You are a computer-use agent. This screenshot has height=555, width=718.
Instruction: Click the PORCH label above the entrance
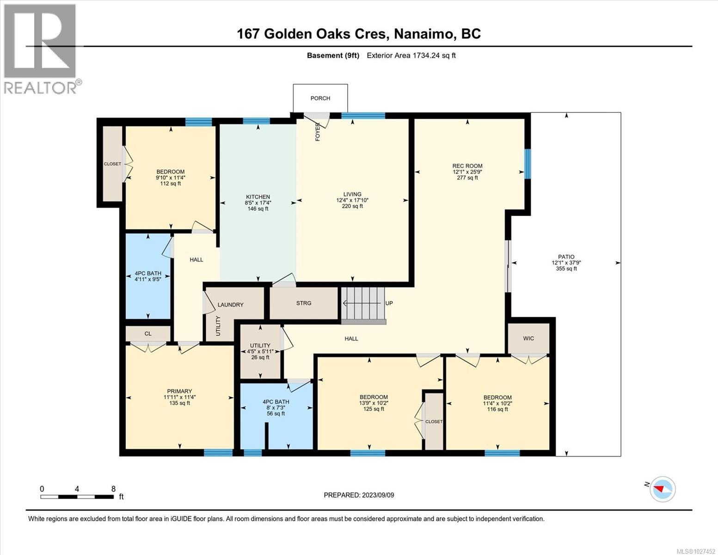tap(320, 98)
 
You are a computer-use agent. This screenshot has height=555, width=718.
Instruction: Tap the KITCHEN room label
tap(258, 197)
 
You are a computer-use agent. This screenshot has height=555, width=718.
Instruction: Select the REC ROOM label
tap(467, 166)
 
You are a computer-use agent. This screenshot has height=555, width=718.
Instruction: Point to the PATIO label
tap(566, 257)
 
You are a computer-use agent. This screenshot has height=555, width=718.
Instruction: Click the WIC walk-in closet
tap(528, 339)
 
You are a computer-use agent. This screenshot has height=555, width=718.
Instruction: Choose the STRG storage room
tap(304, 303)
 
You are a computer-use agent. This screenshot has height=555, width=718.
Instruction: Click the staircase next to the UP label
tap(363, 304)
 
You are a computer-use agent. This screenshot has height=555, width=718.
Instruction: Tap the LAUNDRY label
tap(230, 305)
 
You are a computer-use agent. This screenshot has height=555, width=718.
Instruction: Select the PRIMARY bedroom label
tap(179, 392)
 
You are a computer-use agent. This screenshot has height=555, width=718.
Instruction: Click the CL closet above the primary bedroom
tap(148, 333)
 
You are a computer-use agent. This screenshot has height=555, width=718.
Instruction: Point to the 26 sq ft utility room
tap(260, 351)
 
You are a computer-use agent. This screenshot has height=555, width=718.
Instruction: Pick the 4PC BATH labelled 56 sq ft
tap(276, 407)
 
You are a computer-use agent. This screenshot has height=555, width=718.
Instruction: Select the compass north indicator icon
tap(662, 489)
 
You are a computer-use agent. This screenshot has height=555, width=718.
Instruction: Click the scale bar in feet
tap(77, 497)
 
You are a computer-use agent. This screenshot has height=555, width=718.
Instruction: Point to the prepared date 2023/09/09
tap(359, 495)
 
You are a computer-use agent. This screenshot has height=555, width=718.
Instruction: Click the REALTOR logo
tap(41, 49)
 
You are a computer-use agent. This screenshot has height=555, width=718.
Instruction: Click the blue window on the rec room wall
tap(528, 163)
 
